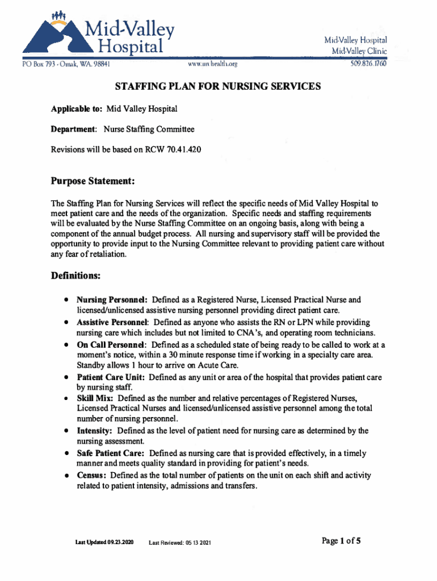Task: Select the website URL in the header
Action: [212, 64]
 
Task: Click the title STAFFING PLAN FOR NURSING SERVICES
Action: [218, 87]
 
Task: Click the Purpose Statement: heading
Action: [93, 181]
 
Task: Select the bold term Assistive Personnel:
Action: [112, 322]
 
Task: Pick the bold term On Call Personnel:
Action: [112, 344]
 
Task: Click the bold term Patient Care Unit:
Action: [112, 377]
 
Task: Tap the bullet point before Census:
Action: [67, 475]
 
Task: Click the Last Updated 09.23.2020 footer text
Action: [104, 543]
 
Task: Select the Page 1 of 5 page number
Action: [341, 541]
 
